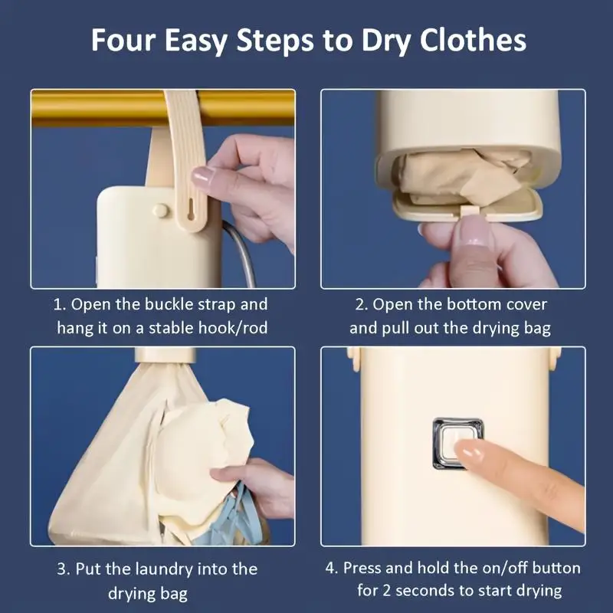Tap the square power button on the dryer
(457, 439)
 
